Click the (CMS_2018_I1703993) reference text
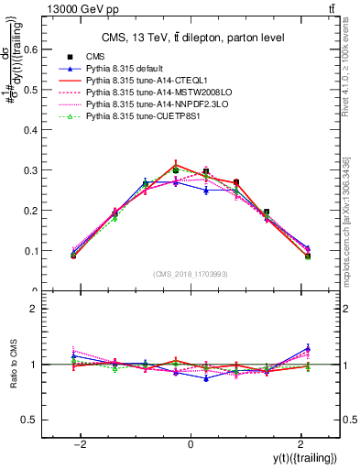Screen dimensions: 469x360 point(191,274)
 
